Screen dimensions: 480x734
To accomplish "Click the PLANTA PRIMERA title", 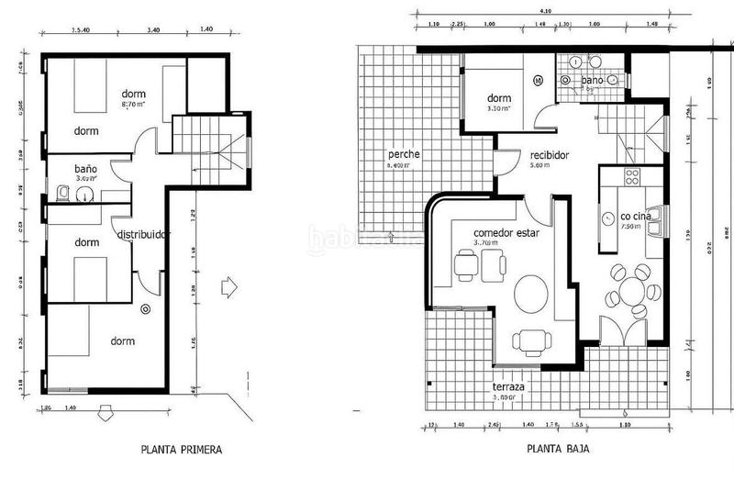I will click(182, 451).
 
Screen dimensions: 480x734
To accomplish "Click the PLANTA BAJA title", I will click(558, 451).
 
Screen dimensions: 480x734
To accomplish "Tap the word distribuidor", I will click(145, 234).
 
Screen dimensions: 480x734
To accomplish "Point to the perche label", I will click(404, 154).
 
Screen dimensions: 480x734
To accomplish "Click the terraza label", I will click(508, 387).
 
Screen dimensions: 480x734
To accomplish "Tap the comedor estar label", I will click(506, 233).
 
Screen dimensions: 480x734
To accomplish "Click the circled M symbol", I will click(538, 81).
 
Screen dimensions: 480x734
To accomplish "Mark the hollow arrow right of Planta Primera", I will click(228, 287).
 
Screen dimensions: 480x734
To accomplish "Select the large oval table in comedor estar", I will click(531, 296).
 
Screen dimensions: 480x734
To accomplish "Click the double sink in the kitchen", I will click(655, 217).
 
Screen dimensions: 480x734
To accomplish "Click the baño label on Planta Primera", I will click(85, 170).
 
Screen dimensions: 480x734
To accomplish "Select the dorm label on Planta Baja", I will click(498, 98).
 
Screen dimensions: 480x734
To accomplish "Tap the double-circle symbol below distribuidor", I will click(145, 310).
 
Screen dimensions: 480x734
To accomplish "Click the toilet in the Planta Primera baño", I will click(61, 193).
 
